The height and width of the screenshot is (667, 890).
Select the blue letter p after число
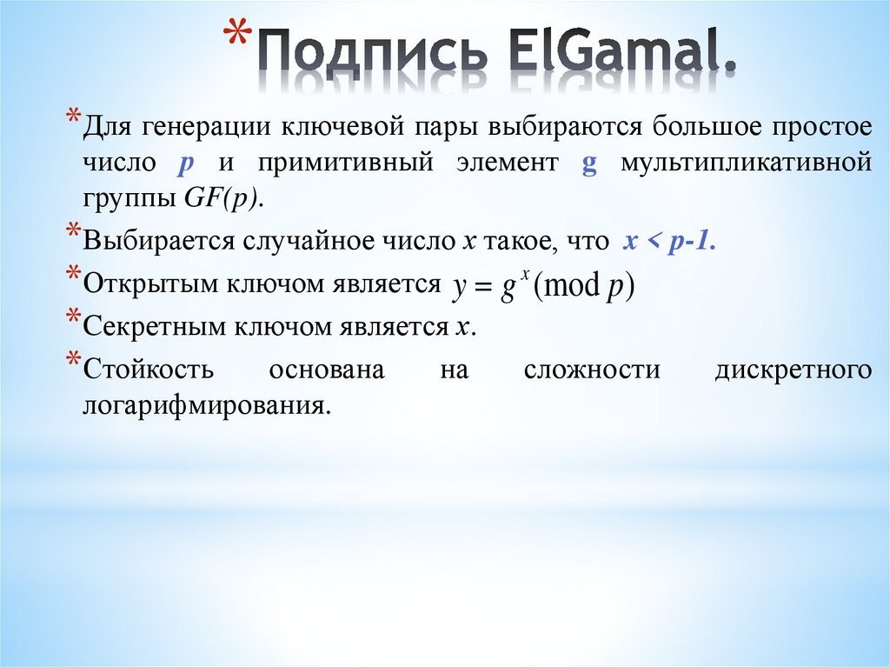185,163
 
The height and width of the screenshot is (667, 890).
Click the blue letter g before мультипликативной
588,163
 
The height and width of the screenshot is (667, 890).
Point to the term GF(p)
222,198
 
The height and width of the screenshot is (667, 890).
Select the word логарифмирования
208,405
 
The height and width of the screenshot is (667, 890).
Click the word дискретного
793,370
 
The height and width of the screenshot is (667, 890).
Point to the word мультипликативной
746,163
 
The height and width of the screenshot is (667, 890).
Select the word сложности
591,370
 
